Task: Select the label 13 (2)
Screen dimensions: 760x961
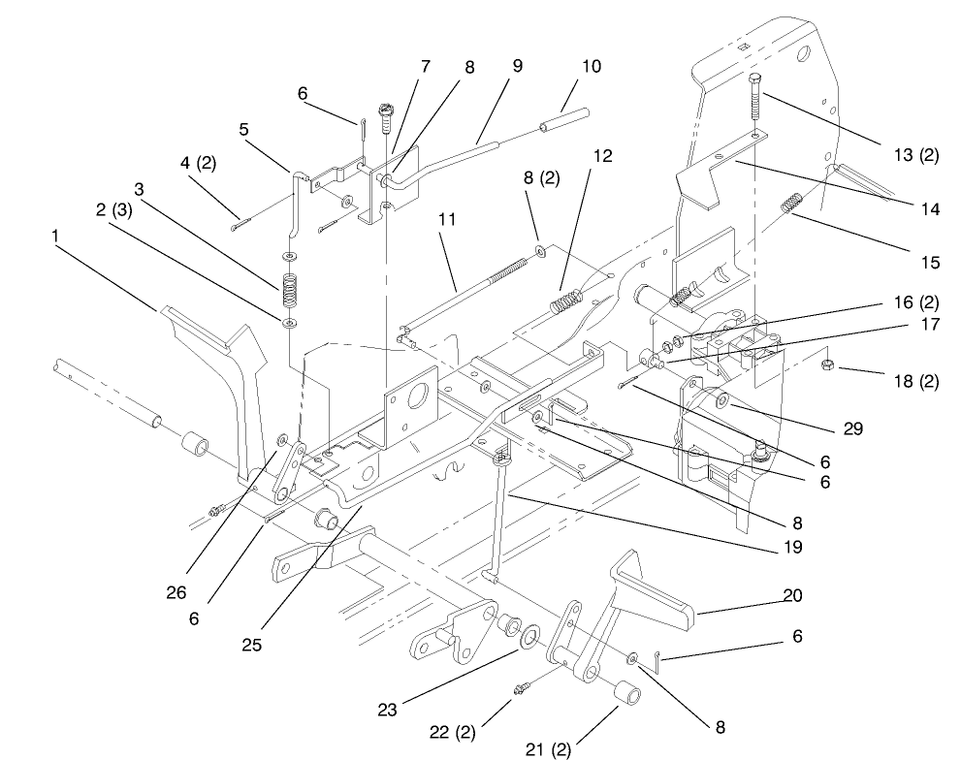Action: [915, 155]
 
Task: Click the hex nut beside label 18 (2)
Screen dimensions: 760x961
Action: [830, 365]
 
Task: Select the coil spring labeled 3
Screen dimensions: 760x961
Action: [289, 288]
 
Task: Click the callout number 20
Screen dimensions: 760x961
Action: [793, 594]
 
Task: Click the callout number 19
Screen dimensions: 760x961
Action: [793, 547]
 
